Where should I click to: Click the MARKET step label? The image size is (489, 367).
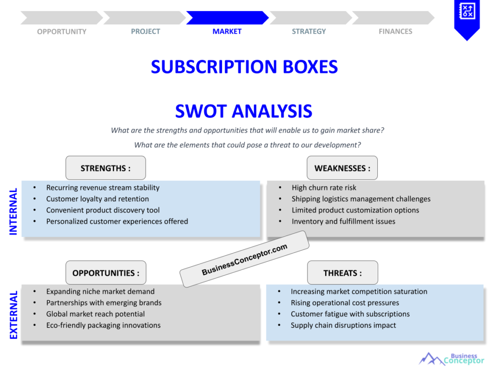[227, 32]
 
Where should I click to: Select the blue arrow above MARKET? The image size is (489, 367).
[227, 18]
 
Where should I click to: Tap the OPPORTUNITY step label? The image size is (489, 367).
[62, 32]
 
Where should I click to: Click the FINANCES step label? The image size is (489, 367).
[395, 32]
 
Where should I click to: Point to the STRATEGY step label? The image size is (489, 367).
[309, 32]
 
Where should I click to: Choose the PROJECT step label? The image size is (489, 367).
[146, 32]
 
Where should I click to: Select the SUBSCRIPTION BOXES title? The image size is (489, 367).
[244, 66]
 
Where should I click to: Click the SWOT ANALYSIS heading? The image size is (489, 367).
[244, 111]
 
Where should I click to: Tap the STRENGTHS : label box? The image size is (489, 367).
[106, 168]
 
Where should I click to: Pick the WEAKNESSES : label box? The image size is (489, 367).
[342, 168]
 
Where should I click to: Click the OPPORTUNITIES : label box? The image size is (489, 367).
[106, 273]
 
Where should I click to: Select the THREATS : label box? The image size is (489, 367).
[342, 273]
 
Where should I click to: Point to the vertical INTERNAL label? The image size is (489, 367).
[13, 211]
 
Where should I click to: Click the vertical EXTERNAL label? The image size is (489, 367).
[13, 315]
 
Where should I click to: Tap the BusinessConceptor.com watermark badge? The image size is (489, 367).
[244, 259]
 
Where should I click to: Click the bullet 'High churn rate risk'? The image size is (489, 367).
[324, 188]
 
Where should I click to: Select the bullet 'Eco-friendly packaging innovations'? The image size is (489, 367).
[103, 325]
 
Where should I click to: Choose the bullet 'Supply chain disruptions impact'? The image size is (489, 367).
[343, 325]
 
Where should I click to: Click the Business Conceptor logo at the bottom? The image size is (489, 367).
[451, 359]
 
